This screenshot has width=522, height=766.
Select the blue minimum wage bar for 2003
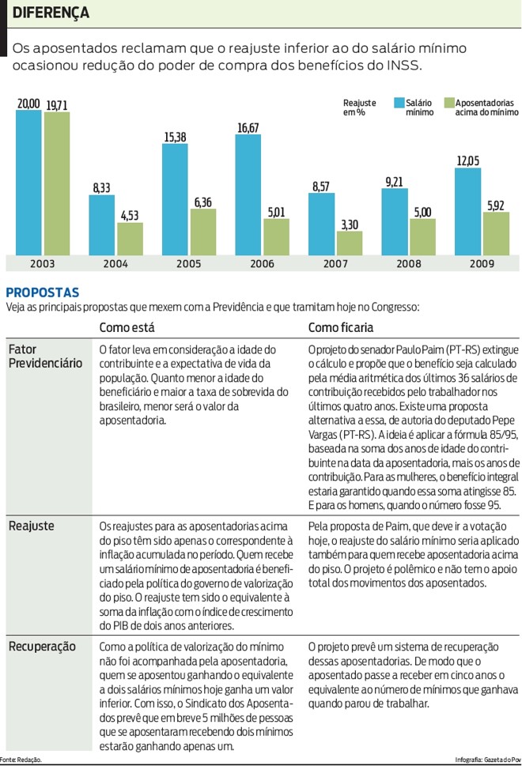(x=28, y=182)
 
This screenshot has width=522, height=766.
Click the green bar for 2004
(x=130, y=238)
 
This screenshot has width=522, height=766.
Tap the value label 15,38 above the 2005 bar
(x=176, y=137)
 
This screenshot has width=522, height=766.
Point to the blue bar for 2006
(x=248, y=194)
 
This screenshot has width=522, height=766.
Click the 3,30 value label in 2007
(x=350, y=225)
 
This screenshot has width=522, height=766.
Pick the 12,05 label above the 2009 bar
(x=467, y=161)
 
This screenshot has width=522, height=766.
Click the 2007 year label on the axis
(x=335, y=263)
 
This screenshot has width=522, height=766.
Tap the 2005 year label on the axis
(x=188, y=263)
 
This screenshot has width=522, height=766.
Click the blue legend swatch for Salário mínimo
(x=398, y=103)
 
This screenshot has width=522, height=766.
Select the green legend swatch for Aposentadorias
(x=448, y=103)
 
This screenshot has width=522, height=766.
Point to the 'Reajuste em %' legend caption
(x=359, y=108)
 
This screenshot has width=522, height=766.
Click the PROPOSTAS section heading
(x=43, y=292)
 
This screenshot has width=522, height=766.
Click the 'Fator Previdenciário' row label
(x=45, y=356)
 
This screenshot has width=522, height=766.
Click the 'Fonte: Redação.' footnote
(x=21, y=760)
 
